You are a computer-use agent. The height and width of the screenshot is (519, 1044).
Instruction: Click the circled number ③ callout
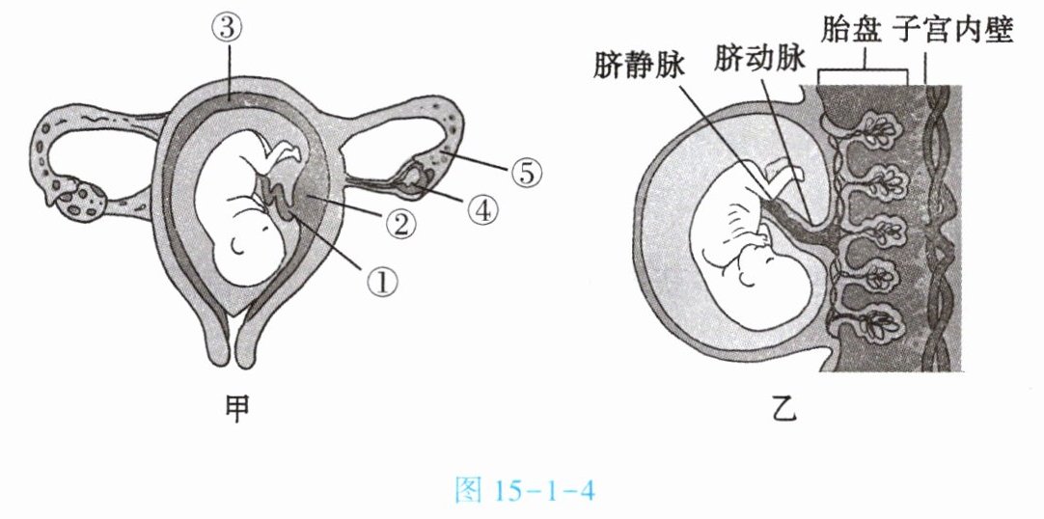(x=228, y=29)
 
